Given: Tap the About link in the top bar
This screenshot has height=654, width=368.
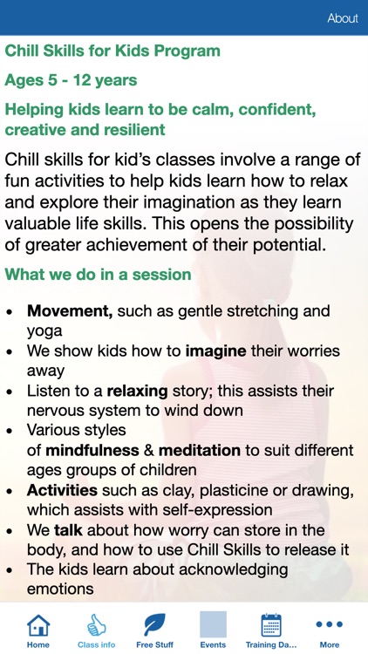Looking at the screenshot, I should coord(342,18).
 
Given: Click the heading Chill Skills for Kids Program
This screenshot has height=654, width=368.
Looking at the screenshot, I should coord(112,51).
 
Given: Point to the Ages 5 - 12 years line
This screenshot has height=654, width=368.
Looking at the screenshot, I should coord(71,80).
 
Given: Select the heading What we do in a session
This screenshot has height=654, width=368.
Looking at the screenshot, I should coord(98,275).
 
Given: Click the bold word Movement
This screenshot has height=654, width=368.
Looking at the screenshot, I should coord(70,311).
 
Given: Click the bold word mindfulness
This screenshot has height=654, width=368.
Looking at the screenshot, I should coord(92,450).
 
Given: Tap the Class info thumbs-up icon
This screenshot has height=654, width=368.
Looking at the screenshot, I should coord(96,624).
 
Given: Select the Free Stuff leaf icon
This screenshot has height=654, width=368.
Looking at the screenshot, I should coord(154,624).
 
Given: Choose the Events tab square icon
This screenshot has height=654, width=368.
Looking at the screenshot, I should coord(213,624).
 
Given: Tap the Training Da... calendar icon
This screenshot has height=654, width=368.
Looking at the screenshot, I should coord(271,624).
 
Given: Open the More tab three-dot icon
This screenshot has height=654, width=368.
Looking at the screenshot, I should coord(330,624).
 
